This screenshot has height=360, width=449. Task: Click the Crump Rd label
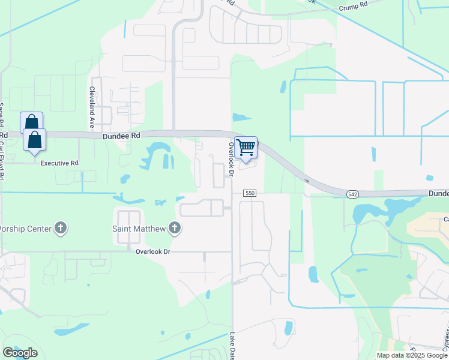(354, 6)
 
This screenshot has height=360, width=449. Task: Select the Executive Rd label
(59, 163)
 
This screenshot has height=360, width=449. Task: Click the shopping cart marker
(246, 148)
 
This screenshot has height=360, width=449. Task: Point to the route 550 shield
(250, 193)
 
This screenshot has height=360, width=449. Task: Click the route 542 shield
(353, 194)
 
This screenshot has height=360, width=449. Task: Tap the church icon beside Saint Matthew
(174, 228)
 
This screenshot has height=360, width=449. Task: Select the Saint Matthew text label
(139, 228)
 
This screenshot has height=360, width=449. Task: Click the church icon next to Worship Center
(60, 228)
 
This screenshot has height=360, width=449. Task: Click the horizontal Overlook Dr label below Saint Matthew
(153, 252)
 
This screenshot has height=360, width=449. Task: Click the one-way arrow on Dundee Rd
(307, 179)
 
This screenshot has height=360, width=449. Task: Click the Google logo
(20, 353)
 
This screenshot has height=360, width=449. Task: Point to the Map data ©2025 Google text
(411, 355)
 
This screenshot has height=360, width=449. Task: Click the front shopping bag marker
(35, 140)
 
